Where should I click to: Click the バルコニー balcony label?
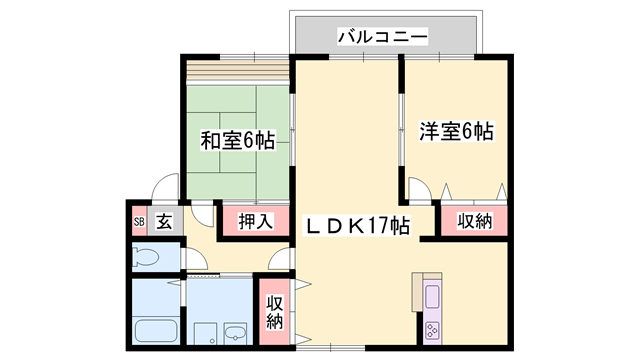[382, 37]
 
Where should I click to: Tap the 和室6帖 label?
[238, 141]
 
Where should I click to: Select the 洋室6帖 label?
[456, 131]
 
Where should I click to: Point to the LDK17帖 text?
[358, 225]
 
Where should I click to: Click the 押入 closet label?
[256, 221]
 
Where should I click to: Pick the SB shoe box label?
[139, 222]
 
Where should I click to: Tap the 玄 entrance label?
[164, 222]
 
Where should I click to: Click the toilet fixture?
[145, 257]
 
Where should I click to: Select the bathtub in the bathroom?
[156, 331]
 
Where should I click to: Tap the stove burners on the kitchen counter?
[432, 330]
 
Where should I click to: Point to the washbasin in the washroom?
[235, 334]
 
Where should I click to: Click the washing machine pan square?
[205, 334]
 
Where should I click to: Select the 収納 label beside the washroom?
[274, 312]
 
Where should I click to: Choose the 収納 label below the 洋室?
[475, 221]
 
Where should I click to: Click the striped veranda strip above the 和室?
[238, 70]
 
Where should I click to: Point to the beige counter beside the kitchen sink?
[417, 292]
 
